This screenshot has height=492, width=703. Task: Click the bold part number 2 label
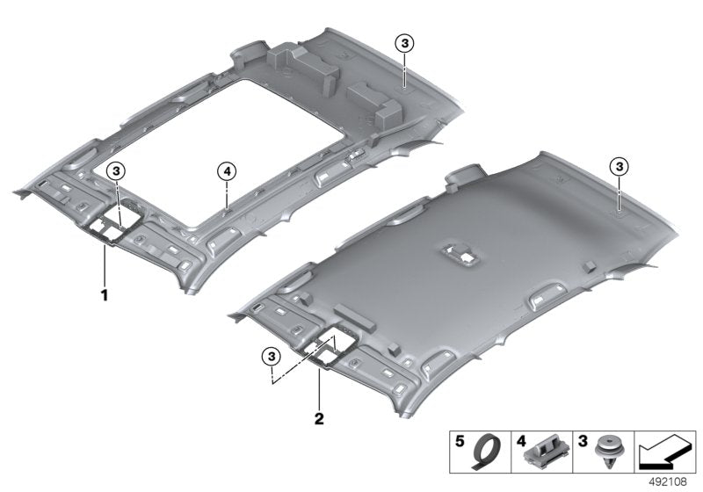click(x=320, y=416)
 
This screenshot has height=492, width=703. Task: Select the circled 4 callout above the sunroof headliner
click(x=226, y=171)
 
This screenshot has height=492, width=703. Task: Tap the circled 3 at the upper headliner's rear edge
click(x=403, y=43)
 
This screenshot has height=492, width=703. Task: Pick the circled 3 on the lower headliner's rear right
click(x=619, y=166)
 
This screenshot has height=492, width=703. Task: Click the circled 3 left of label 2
click(x=272, y=355)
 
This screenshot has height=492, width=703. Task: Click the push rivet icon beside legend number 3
click(x=604, y=450)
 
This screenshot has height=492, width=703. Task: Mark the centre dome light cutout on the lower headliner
click(x=461, y=253)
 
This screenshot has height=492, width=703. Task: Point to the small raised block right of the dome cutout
click(x=590, y=264)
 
